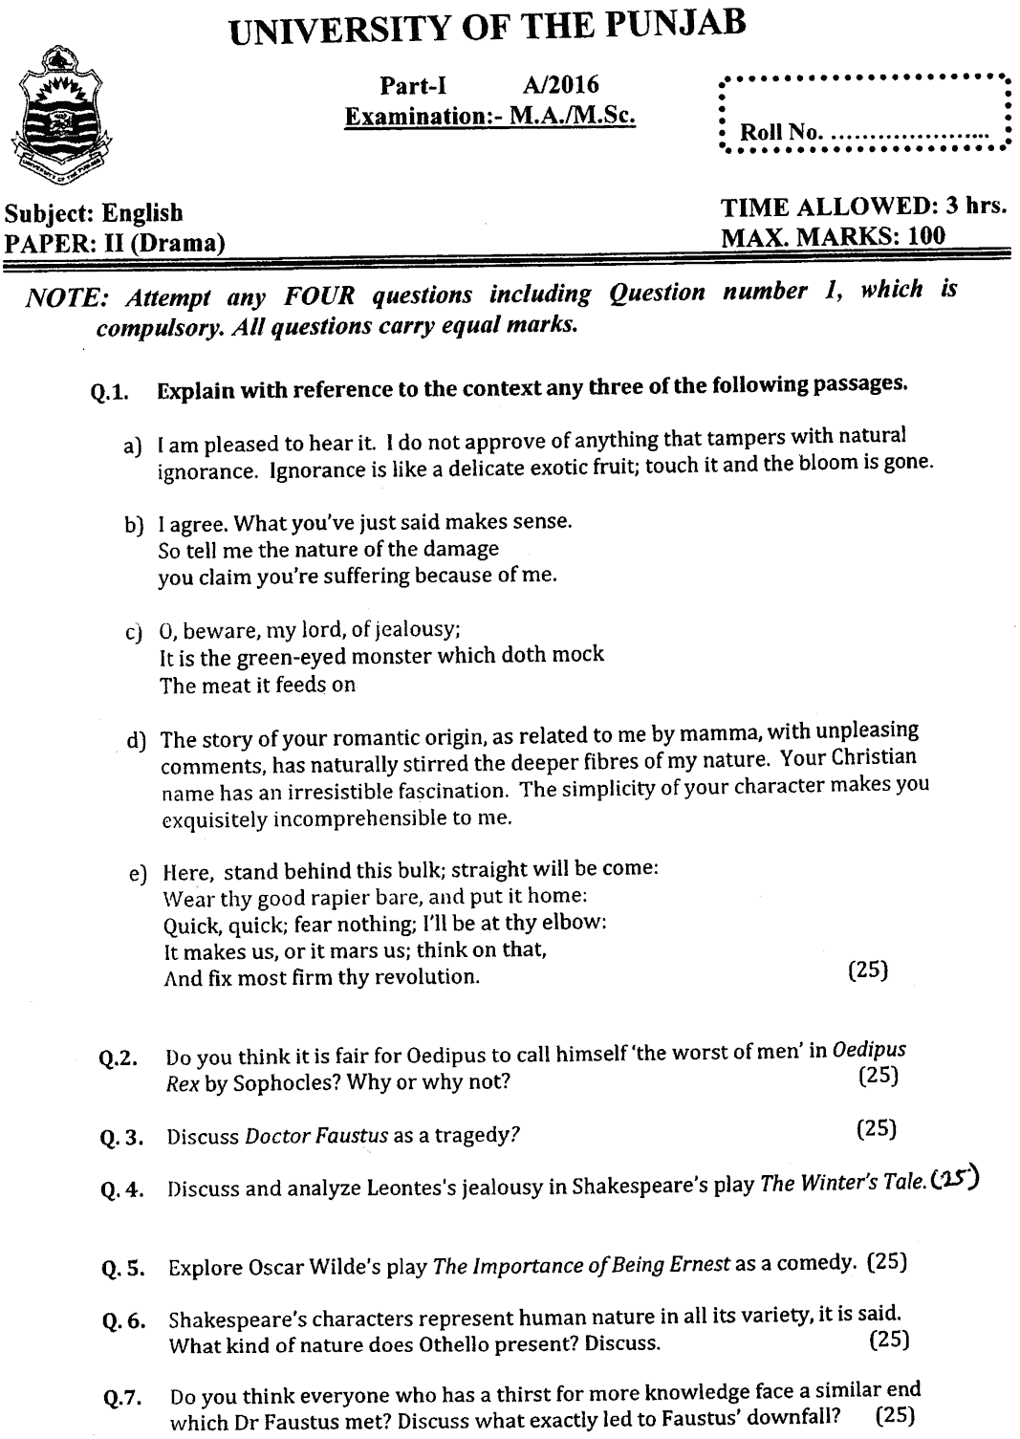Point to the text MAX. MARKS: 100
click(x=833, y=236)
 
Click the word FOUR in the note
click(x=318, y=297)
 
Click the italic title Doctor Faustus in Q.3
click(x=316, y=1136)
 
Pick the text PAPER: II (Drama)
click(x=115, y=243)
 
